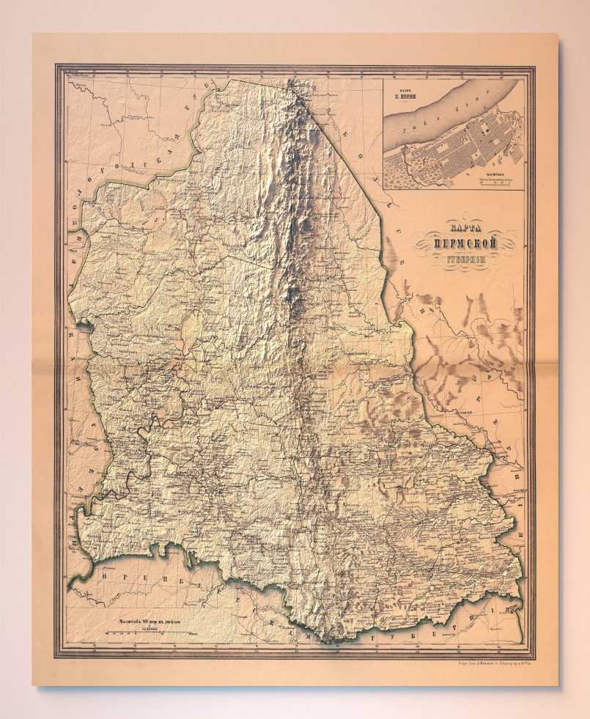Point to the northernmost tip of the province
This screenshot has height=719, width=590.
[x=293, y=81]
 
